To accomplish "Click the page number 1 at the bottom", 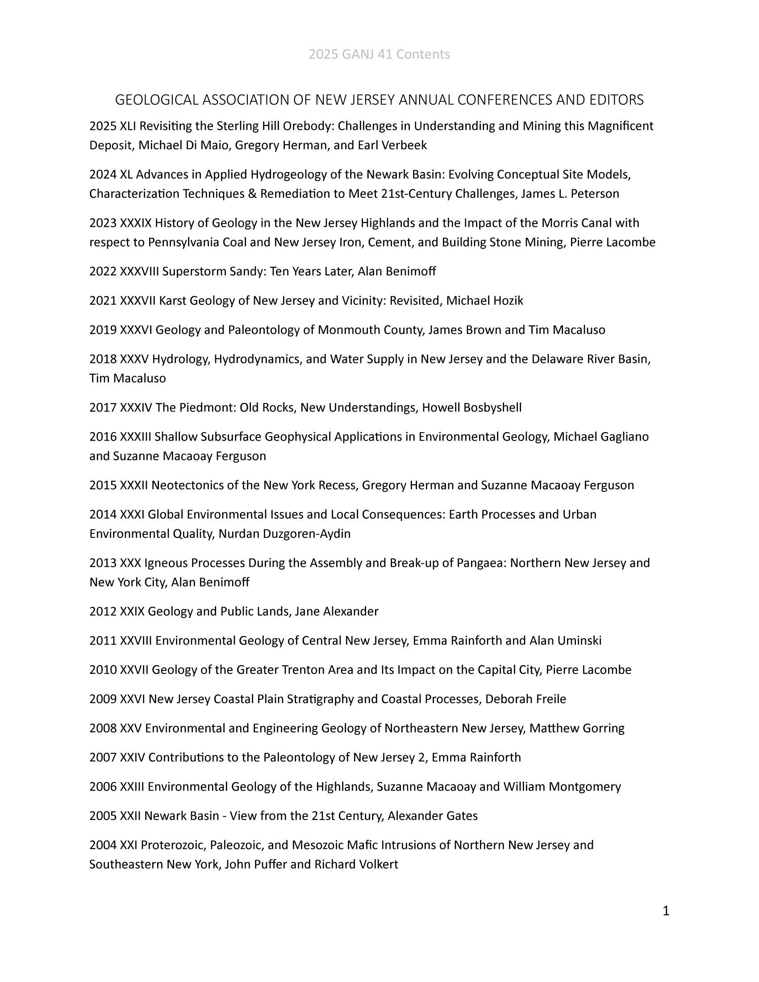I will click(666, 911).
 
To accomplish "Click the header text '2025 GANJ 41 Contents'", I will click(379, 54).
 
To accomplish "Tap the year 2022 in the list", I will click(103, 271).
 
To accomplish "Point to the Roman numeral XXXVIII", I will click(139, 271).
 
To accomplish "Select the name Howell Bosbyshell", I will click(471, 408).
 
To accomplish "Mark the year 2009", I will click(103, 699).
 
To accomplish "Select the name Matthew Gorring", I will click(577, 728).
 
